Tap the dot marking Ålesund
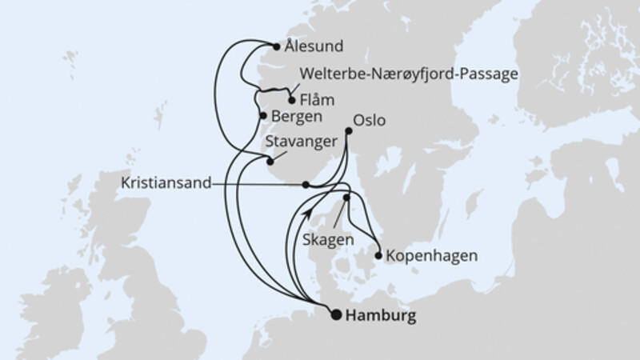(x=277, y=46)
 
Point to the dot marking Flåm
(x=291, y=101)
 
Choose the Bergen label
(x=297, y=116)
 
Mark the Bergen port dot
(x=263, y=116)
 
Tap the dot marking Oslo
(x=347, y=131)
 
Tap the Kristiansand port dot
(x=306, y=184)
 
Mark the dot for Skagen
(x=347, y=197)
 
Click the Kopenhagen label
(x=431, y=257)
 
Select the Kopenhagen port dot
(x=378, y=257)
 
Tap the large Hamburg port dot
(x=336, y=314)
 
